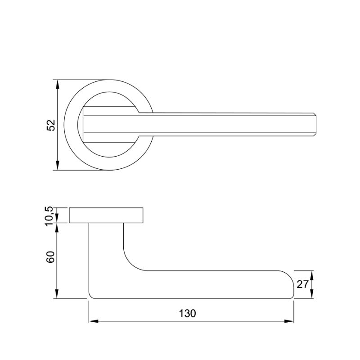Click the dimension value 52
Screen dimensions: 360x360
tap(51, 125)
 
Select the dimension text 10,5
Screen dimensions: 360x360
tap(49, 216)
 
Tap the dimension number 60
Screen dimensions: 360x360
tap(50, 257)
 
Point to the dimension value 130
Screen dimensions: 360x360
tap(187, 313)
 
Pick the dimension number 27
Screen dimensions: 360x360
tap(302, 284)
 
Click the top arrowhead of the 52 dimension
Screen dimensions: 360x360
tap(58, 84)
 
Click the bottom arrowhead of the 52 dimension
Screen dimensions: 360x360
tap(58, 166)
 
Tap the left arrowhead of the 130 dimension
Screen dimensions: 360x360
tap(94, 321)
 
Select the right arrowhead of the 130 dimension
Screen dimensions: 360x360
tap(289, 321)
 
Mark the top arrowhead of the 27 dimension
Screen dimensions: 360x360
tap(311, 275)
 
